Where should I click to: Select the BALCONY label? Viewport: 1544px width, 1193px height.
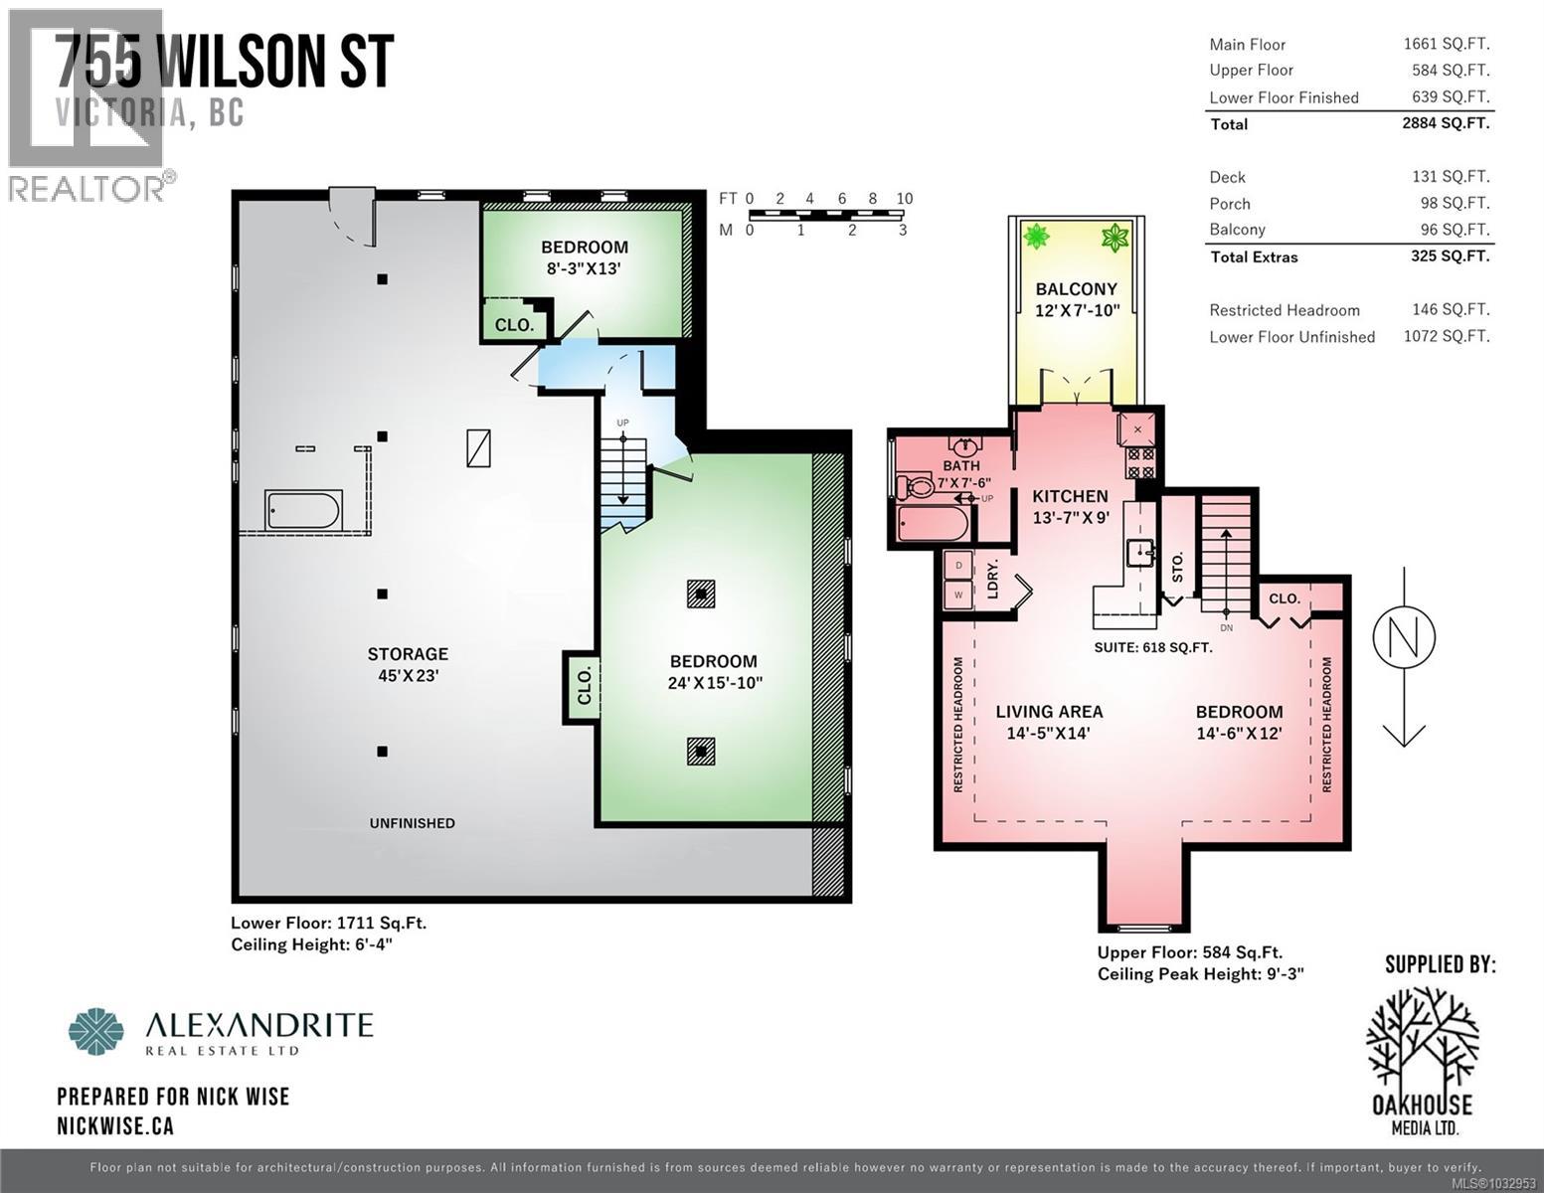click(x=1077, y=289)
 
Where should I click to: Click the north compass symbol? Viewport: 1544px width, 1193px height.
click(x=1403, y=638)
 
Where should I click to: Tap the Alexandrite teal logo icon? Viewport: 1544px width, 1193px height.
click(x=96, y=1031)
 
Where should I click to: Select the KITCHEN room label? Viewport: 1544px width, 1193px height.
click(x=1070, y=496)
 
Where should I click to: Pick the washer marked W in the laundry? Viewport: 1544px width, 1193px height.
click(x=958, y=595)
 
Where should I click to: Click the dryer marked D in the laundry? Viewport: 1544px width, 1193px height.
click(x=958, y=566)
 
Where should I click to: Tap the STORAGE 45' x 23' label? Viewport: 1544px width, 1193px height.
click(x=408, y=664)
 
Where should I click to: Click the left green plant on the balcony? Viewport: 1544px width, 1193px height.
click(x=1037, y=237)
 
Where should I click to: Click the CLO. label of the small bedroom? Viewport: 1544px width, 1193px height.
click(x=514, y=325)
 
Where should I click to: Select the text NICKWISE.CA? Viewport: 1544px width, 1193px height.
click(x=115, y=1125)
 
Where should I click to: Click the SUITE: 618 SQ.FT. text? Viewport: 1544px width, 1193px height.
click(x=1153, y=647)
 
